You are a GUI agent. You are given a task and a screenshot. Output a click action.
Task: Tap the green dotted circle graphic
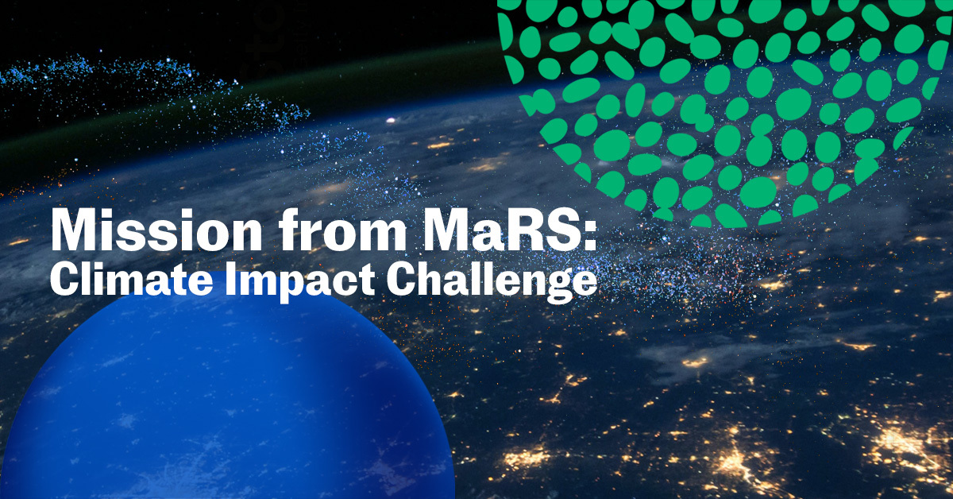(x=739, y=103)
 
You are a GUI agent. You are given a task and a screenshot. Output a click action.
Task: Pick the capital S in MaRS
(x=563, y=231)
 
